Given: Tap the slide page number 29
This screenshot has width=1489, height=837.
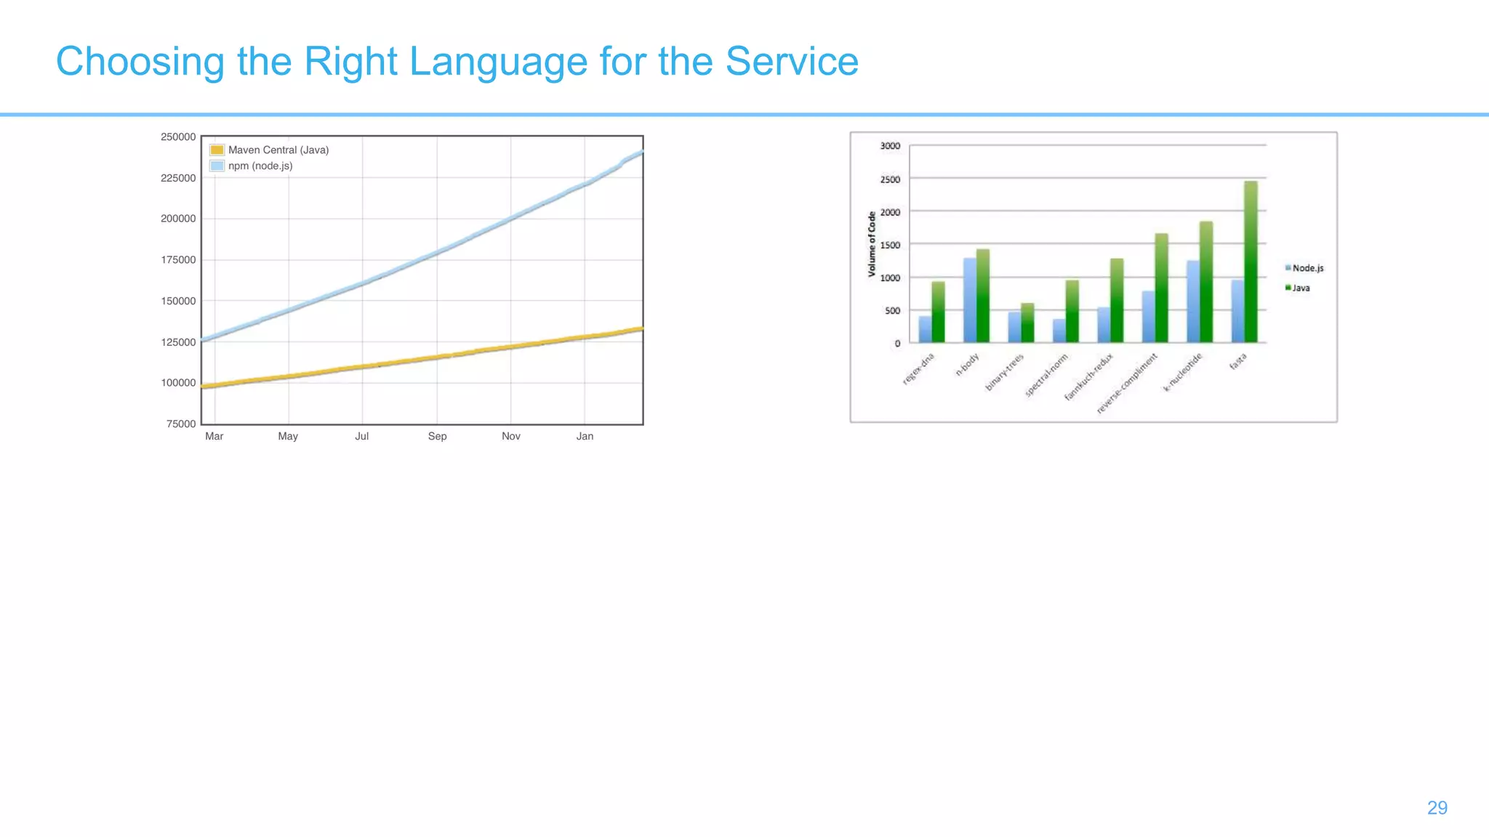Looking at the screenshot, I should (1437, 808).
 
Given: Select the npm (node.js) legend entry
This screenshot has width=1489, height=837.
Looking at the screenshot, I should (260, 166).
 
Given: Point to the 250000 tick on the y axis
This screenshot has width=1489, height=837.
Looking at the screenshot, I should (178, 137).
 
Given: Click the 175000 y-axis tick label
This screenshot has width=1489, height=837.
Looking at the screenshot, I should (178, 260).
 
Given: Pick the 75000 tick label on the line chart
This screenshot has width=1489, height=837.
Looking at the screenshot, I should (181, 424).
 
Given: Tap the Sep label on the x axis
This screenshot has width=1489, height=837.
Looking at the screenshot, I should (437, 436).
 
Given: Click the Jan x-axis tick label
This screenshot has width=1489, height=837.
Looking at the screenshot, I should (585, 436).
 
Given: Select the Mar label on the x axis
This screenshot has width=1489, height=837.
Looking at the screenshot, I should (214, 436).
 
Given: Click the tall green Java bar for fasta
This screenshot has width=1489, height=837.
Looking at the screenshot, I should (1251, 262).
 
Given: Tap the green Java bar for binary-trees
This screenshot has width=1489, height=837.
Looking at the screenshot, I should (1027, 323).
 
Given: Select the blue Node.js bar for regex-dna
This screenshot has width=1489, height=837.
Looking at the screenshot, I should (925, 329).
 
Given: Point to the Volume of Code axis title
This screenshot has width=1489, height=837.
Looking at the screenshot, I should (872, 244).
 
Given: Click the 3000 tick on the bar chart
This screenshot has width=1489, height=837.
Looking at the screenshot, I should (890, 146).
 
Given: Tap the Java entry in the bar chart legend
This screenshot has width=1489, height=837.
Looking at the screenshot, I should (1300, 288).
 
